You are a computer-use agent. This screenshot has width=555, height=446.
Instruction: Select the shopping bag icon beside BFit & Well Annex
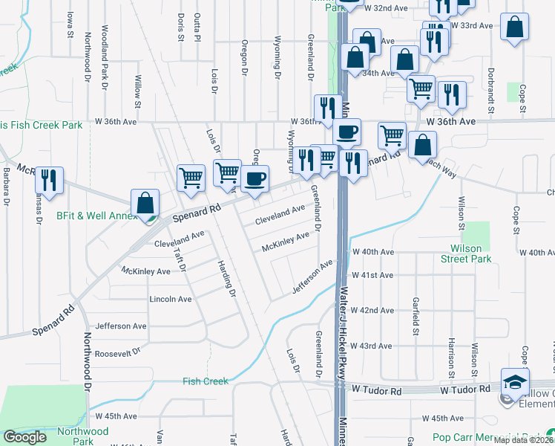[145, 202]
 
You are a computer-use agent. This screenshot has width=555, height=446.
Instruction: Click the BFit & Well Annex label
[97, 216]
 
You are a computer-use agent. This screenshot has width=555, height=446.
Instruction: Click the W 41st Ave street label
[372, 275]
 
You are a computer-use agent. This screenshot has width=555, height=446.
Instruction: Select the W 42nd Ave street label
[372, 310]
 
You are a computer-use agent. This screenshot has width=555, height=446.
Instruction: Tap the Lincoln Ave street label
[171, 299]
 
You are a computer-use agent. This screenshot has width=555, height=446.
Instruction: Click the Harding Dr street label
[226, 278]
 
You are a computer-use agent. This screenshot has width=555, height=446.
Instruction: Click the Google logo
[25, 437]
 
